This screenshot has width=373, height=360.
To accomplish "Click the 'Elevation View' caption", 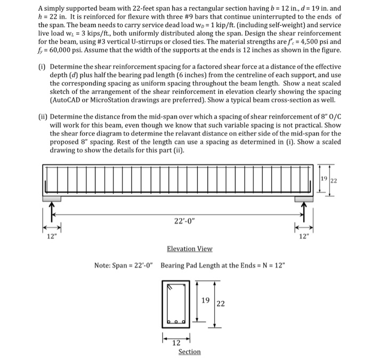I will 189,249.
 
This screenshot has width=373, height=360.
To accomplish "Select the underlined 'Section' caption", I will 190,351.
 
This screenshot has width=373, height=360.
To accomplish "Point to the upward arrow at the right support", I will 304,212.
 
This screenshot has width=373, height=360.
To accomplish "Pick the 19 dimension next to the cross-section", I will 205,300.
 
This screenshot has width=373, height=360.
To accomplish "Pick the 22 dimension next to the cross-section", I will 220,304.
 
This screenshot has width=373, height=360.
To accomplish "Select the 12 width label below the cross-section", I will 176,343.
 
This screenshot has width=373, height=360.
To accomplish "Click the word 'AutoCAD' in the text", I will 69,100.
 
